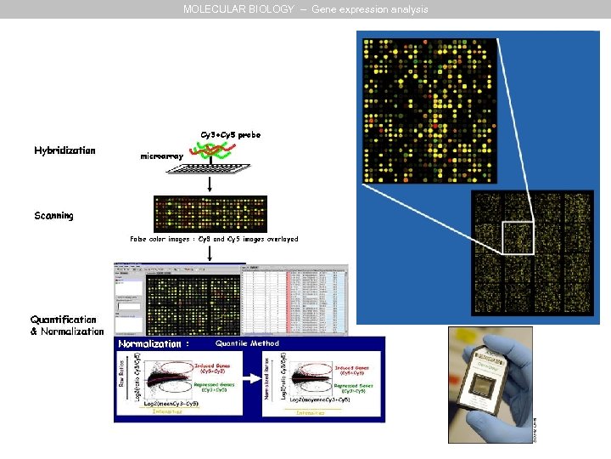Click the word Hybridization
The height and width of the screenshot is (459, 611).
[x=64, y=150]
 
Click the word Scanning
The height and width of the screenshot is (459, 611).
[x=53, y=216]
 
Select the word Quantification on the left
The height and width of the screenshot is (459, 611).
[x=64, y=320]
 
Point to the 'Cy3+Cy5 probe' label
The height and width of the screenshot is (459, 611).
[x=230, y=135]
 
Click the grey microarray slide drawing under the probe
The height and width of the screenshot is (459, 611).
[x=208, y=170]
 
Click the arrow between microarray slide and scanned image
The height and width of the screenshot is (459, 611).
[x=209, y=185]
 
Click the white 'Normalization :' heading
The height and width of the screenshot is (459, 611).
[x=150, y=344]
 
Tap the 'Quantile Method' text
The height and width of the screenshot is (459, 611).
[x=247, y=344]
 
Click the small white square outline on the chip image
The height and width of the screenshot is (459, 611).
[x=517, y=237]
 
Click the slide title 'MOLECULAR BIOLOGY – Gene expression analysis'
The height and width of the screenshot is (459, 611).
[x=305, y=9]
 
